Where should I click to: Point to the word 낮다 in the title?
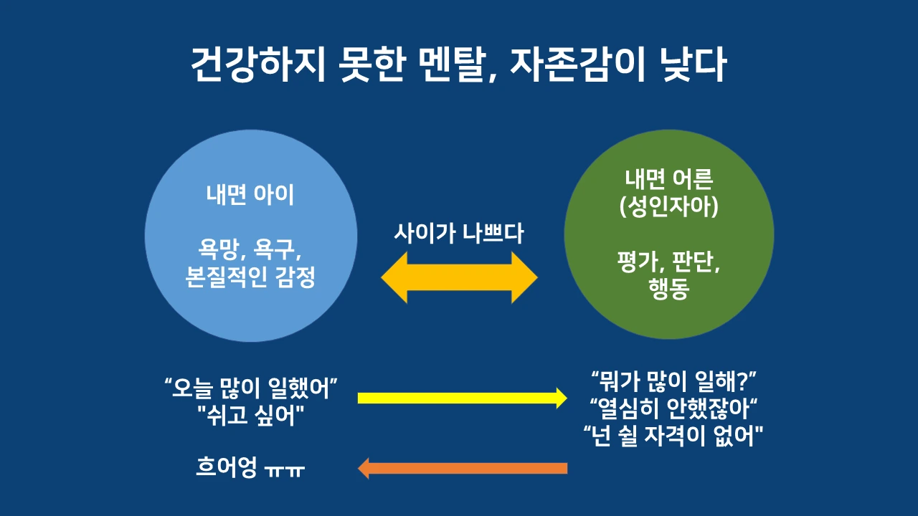point(692,66)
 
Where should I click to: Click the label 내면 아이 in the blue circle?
point(250,195)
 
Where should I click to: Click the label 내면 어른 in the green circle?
point(668,181)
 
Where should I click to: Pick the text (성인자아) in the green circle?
point(668,209)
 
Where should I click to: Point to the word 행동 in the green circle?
point(668,292)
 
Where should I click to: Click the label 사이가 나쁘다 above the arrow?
point(459,234)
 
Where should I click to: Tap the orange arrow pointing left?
point(462,469)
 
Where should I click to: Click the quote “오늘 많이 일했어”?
point(250,391)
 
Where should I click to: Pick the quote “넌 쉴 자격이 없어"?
point(673,434)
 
